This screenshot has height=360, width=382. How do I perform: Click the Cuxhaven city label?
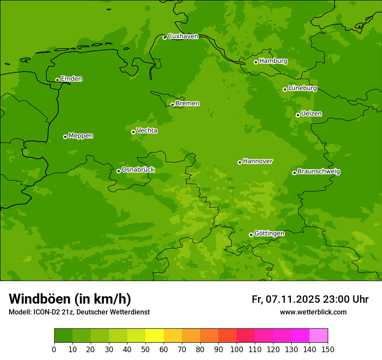[x=183, y=36]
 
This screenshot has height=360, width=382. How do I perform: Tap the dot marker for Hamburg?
[x=256, y=62]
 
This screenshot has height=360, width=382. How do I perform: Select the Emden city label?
[x=71, y=79]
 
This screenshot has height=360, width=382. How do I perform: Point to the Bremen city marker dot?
[x=172, y=105]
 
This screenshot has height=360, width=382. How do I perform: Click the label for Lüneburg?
[x=302, y=88]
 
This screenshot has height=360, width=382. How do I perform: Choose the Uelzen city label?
[x=311, y=114]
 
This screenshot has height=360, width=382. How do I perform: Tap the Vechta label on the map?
[x=147, y=131]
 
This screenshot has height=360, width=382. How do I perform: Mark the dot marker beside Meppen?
[x=65, y=137]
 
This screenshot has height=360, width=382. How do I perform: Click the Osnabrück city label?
[x=138, y=170]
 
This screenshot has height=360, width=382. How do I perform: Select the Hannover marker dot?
[x=240, y=162]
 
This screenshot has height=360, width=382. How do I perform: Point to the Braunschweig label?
[x=319, y=172]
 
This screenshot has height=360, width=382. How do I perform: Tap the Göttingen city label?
[x=269, y=233]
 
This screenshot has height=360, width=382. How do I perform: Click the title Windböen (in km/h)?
[x=70, y=299]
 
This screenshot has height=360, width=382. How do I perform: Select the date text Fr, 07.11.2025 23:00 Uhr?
[x=310, y=299]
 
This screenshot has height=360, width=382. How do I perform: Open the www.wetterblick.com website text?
[x=313, y=312]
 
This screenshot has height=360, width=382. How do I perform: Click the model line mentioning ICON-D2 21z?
[x=79, y=312]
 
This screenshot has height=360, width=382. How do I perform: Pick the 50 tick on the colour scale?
[x=145, y=349]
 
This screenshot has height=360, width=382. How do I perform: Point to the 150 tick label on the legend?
[x=328, y=349]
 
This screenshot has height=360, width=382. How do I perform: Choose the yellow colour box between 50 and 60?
[x=155, y=335]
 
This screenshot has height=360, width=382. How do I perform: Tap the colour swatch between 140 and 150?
[x=319, y=335]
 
